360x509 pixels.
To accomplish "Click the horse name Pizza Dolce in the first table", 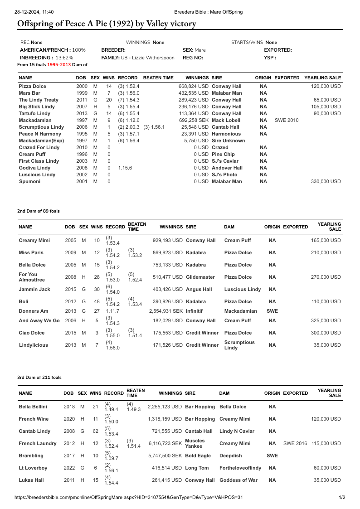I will [32, 86].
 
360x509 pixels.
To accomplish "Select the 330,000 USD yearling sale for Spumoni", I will [326, 181].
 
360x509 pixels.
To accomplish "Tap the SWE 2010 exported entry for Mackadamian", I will [287, 120].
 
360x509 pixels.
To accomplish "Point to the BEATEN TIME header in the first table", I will [158, 78].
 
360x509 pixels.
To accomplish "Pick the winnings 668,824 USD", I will [194, 86].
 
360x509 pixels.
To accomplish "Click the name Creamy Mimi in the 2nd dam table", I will [34, 240].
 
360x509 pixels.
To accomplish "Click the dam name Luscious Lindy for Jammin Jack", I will [243, 289].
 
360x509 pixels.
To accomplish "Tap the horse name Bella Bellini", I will [33, 407].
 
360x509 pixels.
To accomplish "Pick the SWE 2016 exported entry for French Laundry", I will [295, 443].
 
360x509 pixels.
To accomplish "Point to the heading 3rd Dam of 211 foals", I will [39, 377].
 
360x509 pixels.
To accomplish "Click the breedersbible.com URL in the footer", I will [129, 497].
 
